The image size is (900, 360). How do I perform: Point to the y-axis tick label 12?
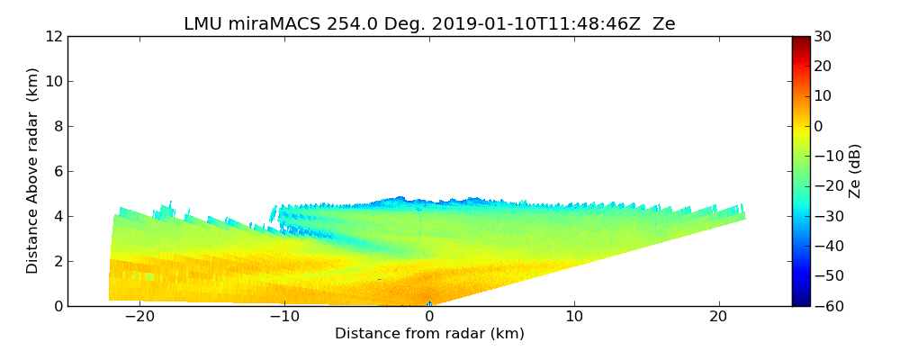click(x=53, y=36)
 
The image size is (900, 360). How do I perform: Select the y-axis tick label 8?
click(x=57, y=126)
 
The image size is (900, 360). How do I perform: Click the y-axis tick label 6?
click(x=57, y=171)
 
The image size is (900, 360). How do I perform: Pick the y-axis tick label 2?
click(x=57, y=261)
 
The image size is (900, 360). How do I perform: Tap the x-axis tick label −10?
click(x=284, y=317)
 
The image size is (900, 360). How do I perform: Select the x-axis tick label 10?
click(x=574, y=317)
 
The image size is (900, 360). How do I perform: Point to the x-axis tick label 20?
click(x=718, y=317)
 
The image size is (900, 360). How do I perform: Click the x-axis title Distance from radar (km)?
click(x=429, y=334)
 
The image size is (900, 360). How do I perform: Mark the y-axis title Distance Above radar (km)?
click(x=33, y=171)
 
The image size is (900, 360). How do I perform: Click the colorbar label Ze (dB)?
click(x=855, y=171)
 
